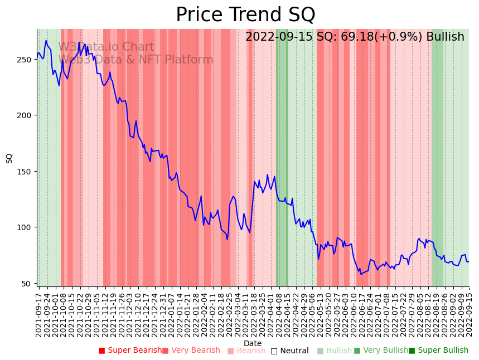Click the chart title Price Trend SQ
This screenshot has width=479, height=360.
coord(245,14)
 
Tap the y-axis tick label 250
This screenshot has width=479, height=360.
coord(26,59)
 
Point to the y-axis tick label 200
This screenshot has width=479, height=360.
coord(26,115)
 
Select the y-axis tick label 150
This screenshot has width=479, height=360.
coord(26,171)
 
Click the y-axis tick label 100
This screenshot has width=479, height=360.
coord(26,227)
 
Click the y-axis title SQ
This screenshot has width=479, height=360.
coord(9,158)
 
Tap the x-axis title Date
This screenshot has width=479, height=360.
coord(253,343)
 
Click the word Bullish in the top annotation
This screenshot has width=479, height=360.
coord(445,37)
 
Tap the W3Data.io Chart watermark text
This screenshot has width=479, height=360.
coord(106,47)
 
